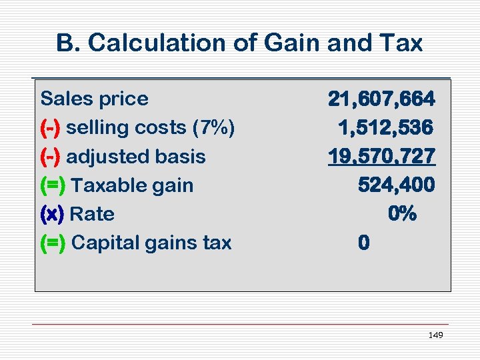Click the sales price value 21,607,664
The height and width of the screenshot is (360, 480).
(x=381, y=99)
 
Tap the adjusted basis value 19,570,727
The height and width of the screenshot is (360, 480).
(x=381, y=156)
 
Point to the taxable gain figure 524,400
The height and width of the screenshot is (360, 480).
(x=396, y=185)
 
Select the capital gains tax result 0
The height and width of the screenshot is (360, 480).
(x=363, y=243)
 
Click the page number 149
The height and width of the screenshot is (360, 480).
(x=435, y=335)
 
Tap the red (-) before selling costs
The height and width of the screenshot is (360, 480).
(x=51, y=127)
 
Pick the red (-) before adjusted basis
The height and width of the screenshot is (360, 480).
(x=51, y=157)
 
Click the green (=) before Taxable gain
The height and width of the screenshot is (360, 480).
(x=53, y=185)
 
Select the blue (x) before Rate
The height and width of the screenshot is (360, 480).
(x=52, y=214)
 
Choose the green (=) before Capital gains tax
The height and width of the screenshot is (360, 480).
(x=53, y=243)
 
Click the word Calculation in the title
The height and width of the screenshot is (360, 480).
(x=147, y=43)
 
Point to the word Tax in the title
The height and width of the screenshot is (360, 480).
(x=403, y=43)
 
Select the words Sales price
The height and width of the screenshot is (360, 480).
(x=95, y=99)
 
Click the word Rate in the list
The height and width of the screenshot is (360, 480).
(x=92, y=214)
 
